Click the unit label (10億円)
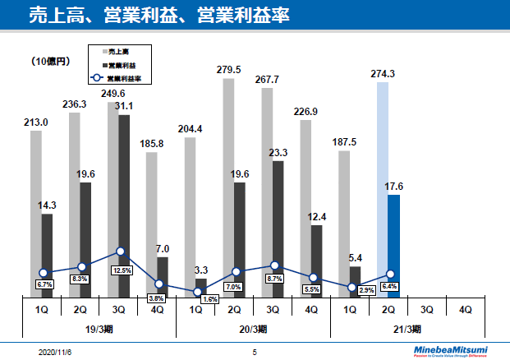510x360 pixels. [x=52, y=62]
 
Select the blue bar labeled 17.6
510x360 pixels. [x=394, y=245]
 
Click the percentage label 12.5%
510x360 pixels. [x=122, y=270]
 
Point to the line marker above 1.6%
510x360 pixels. [x=197, y=292]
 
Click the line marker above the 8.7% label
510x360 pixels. [x=275, y=266]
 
